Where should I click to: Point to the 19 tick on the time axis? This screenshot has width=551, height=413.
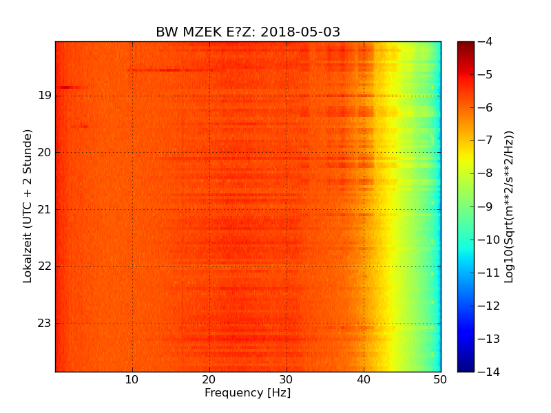click(x=45, y=96)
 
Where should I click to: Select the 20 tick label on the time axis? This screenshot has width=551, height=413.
click(x=45, y=153)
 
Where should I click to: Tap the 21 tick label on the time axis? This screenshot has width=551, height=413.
click(x=45, y=210)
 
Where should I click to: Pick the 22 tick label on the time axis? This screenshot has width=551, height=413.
click(x=45, y=266)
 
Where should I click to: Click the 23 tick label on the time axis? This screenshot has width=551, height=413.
click(x=45, y=324)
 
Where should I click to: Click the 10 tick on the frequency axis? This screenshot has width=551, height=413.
click(x=132, y=380)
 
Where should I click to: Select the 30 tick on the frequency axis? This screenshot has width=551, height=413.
click(x=287, y=380)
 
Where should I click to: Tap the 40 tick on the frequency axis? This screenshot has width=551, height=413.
click(x=364, y=380)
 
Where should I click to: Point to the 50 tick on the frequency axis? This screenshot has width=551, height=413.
click(x=440, y=380)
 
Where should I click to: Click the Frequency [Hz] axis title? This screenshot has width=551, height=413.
click(x=247, y=393)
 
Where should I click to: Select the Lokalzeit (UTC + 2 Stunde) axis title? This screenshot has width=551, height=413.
click(x=28, y=206)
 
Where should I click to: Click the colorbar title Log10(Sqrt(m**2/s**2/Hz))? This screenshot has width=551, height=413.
click(x=509, y=206)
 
